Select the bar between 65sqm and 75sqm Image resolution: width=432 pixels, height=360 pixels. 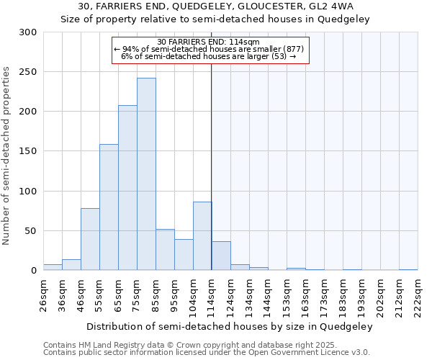click(x=127, y=188)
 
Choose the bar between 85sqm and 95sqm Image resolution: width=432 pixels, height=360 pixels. click(x=165, y=250)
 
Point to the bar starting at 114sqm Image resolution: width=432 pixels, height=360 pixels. click(x=221, y=256)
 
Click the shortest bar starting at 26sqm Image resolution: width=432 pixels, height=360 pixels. click(x=53, y=268)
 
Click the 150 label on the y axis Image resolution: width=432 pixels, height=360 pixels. click(x=28, y=151)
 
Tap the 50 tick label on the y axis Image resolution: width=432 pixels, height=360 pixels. click(x=31, y=231)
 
